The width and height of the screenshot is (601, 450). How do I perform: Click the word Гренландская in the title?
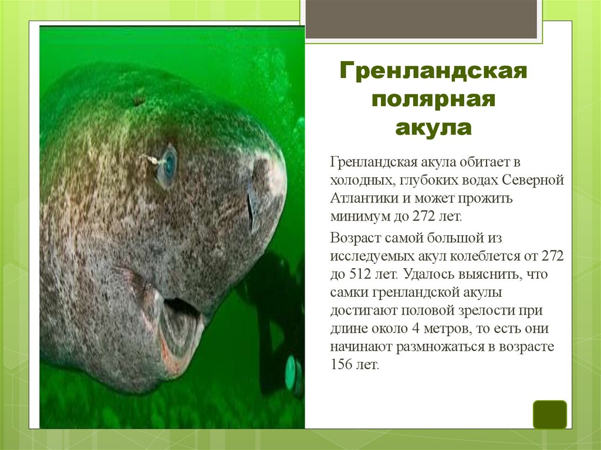[434, 73]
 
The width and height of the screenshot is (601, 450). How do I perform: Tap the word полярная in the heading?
[434, 100]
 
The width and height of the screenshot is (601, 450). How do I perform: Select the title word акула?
[434, 127]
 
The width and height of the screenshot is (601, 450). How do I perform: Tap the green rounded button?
[549, 414]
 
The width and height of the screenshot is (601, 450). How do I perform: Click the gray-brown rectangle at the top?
[421, 19]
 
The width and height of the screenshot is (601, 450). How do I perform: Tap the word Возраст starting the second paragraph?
[354, 238]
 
